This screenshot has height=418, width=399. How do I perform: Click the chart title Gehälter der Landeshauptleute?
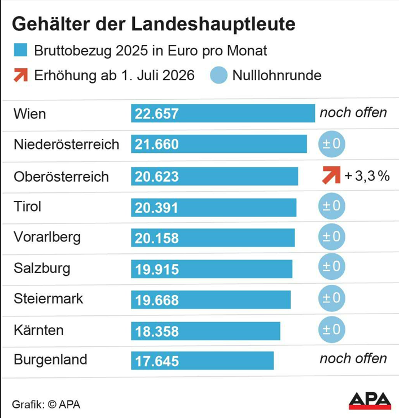(x=154, y=24)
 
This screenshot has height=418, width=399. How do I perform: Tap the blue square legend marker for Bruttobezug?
(x=20, y=50)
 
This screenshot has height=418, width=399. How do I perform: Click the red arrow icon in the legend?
(x=20, y=74)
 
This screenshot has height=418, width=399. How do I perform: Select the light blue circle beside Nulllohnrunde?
(x=218, y=75)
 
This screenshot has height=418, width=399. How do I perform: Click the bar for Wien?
(x=223, y=113)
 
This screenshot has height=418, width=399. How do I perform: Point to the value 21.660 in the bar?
(x=157, y=145)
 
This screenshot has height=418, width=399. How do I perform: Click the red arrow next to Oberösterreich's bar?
(x=331, y=175)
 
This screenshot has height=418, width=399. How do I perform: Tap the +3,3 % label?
(x=367, y=176)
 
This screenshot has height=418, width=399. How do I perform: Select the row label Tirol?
(x=28, y=206)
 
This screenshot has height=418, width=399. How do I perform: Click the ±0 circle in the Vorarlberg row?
(x=331, y=236)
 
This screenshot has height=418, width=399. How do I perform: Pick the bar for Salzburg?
(x=212, y=269)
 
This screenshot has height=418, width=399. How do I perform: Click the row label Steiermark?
(x=48, y=298)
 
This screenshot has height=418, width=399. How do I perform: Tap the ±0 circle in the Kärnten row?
(x=331, y=329)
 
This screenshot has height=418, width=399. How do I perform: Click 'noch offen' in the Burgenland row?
(x=353, y=359)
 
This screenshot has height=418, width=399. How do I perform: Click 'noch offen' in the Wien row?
(x=353, y=112)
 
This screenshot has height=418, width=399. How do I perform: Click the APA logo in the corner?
(x=370, y=400)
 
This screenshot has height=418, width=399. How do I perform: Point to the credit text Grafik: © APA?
(x=46, y=404)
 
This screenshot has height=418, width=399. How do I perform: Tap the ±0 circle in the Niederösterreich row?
(x=331, y=144)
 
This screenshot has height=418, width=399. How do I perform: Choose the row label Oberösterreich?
(x=61, y=176)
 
